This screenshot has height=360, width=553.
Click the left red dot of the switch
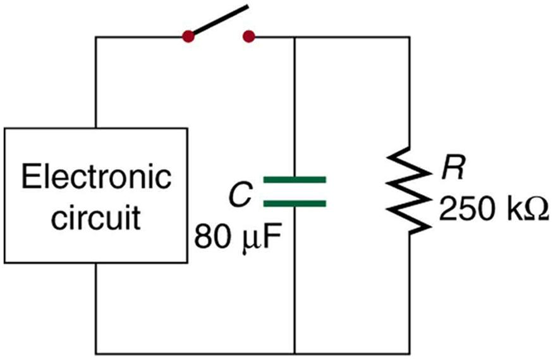[188, 37]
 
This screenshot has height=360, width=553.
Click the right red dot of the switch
[249, 37]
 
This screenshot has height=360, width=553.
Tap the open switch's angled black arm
[219, 20]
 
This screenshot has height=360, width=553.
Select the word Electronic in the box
[97, 177]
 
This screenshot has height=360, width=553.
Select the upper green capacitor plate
[295, 180]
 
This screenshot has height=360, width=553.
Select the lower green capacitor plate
[295, 203]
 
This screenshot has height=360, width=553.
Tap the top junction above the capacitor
[295, 37]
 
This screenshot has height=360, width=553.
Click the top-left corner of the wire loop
[96, 37]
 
